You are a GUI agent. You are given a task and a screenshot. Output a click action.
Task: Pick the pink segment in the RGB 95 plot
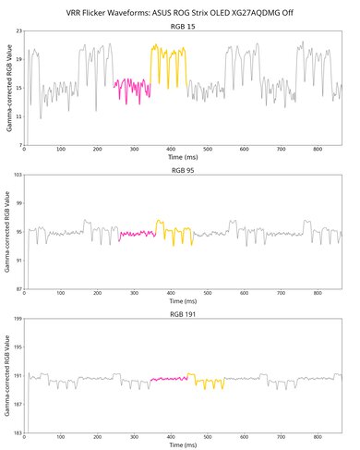(x=138, y=234)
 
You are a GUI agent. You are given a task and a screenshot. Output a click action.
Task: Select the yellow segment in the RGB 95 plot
(x=175, y=232)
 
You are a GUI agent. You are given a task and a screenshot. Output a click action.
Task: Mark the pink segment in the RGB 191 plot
(x=169, y=378)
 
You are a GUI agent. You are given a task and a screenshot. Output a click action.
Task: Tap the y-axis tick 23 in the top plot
(x=18, y=33)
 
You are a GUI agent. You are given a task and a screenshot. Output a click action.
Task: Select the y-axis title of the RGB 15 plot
(x=7, y=89)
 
